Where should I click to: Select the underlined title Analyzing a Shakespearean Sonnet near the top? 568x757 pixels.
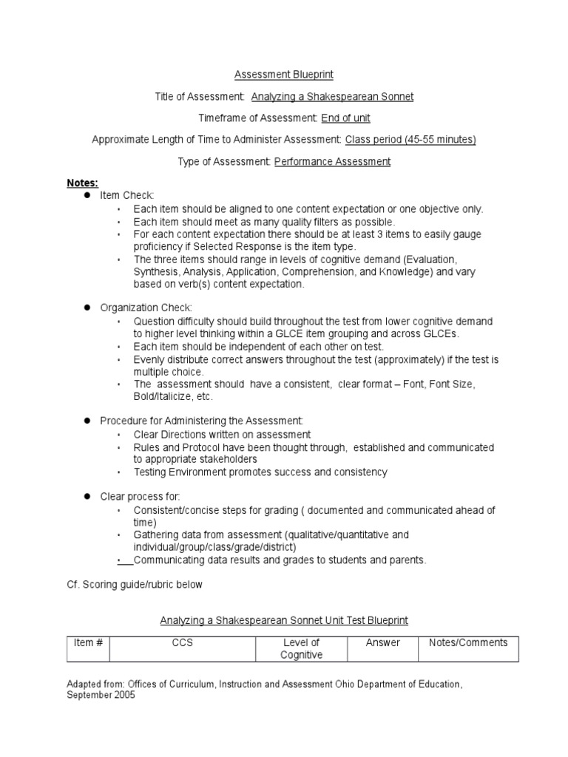point(332,96)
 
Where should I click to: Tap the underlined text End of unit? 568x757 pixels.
point(345,118)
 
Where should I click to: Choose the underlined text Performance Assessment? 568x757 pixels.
point(332,161)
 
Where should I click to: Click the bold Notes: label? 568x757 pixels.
point(82,182)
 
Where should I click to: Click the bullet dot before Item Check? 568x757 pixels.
point(86,194)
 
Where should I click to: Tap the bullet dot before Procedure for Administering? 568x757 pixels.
point(86,420)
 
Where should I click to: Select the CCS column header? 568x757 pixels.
point(182,642)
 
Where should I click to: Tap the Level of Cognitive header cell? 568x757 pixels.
point(301,648)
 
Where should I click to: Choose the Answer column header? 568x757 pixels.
point(382,642)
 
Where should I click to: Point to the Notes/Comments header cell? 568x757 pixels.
point(468,642)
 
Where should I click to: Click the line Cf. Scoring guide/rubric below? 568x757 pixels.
point(134,584)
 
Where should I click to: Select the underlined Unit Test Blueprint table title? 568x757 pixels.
point(284,620)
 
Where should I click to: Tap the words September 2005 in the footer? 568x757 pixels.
point(101,696)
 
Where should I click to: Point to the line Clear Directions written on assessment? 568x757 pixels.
point(222,435)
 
